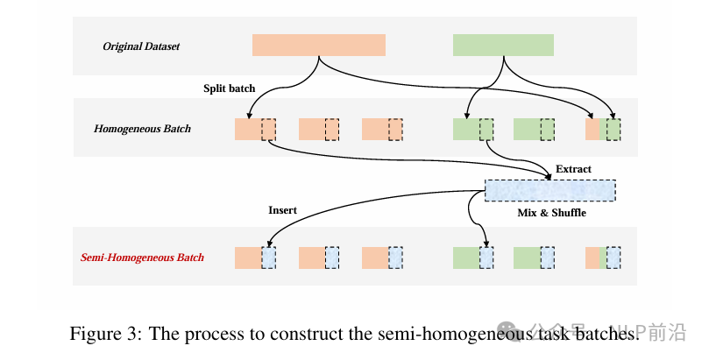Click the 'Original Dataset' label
[141, 46]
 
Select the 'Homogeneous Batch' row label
[142, 129]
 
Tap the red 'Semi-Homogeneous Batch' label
[142, 258]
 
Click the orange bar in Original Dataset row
[318, 46]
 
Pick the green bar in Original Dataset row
[503, 46]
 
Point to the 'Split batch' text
[230, 88]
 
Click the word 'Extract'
[573, 168]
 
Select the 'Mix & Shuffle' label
[550, 213]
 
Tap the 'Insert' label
[282, 210]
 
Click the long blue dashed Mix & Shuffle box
[550, 190]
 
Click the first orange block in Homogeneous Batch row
[255, 130]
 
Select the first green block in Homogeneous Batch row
[472, 130]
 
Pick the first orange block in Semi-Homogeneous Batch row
[255, 258]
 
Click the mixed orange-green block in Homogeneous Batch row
[603, 130]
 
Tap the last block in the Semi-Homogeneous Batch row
[603, 258]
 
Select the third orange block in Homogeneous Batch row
[382, 130]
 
